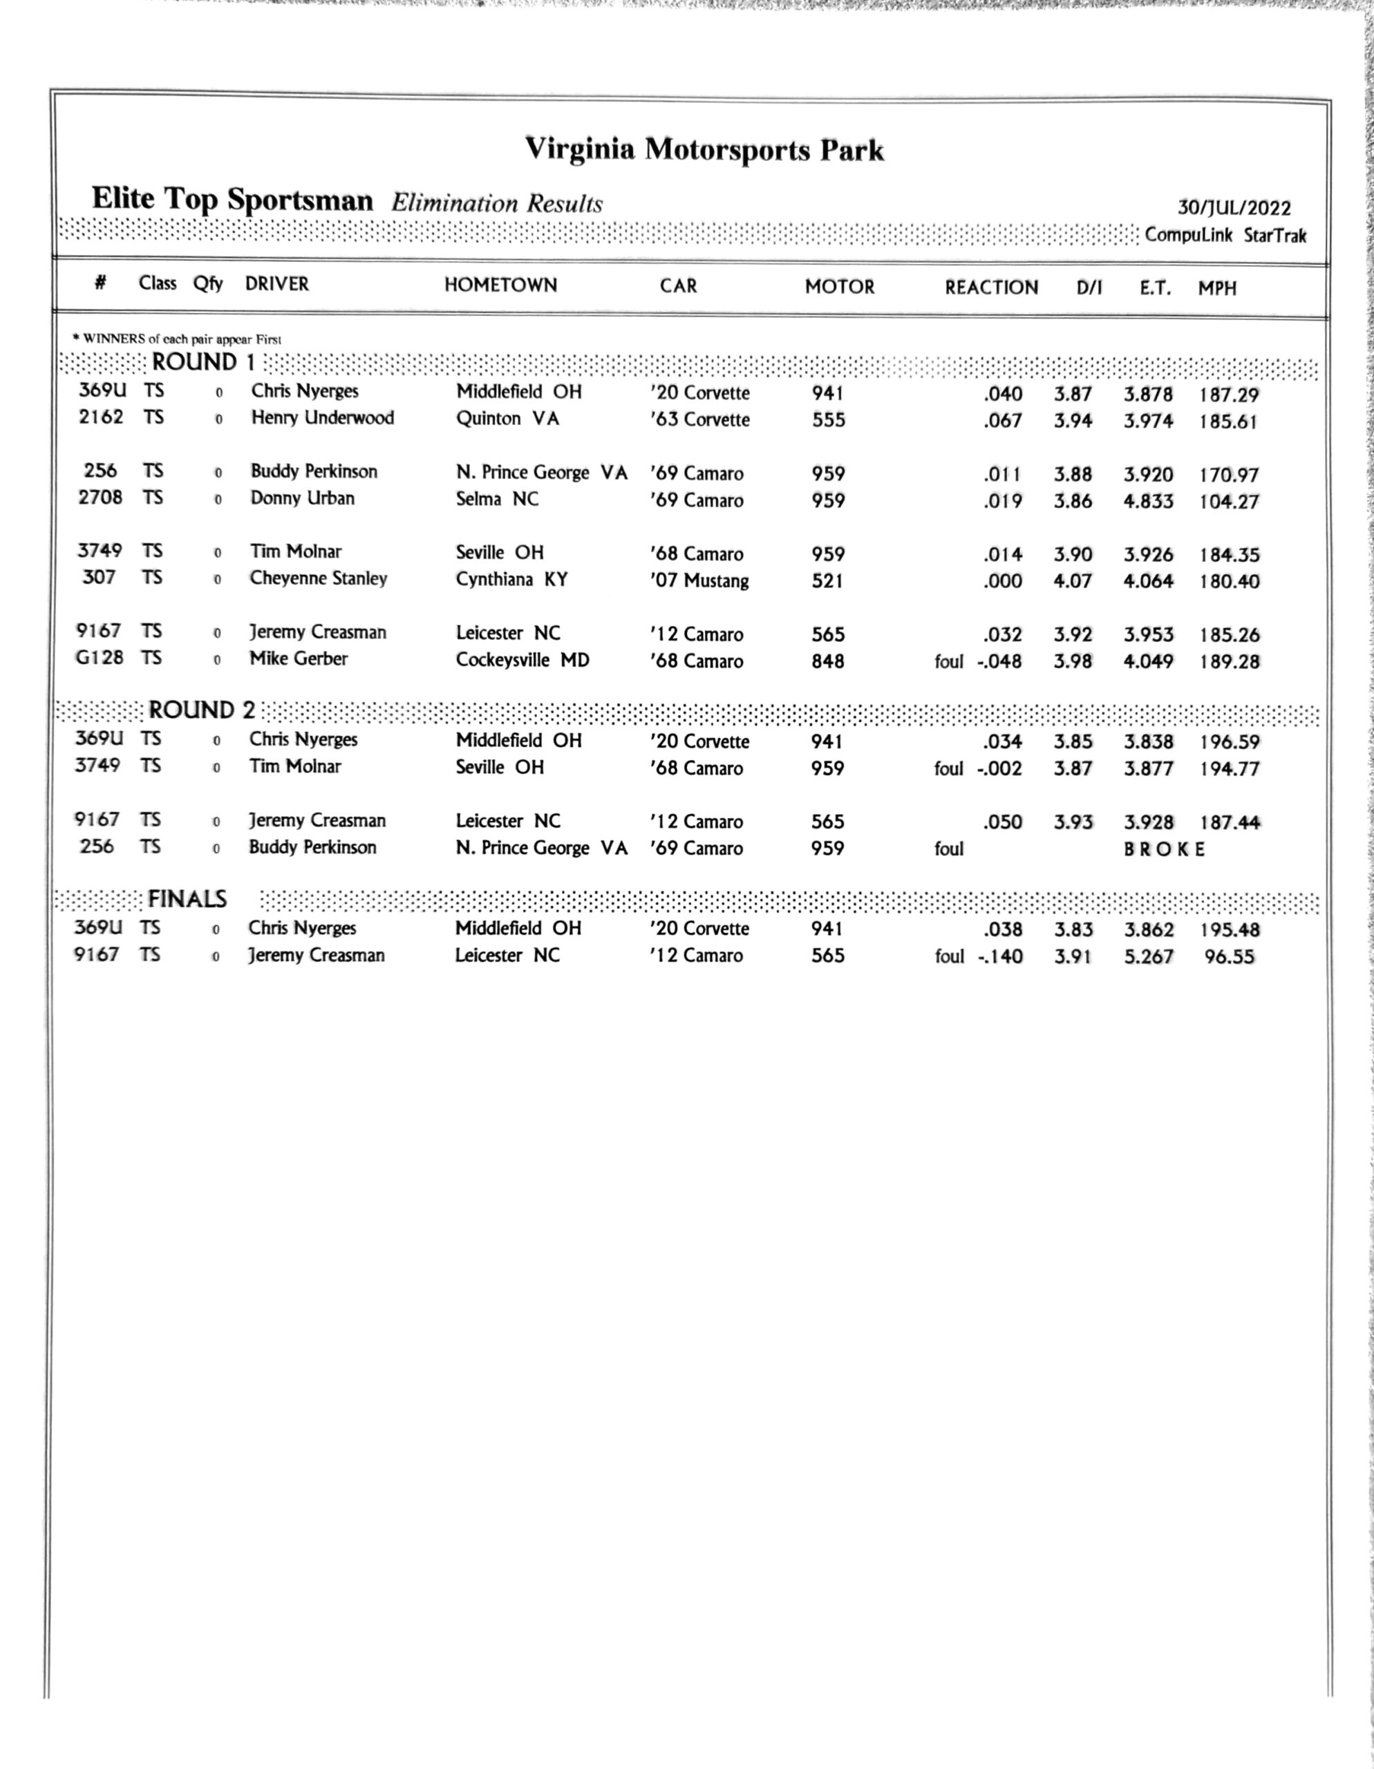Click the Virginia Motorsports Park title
(x=704, y=150)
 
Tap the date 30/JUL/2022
(x=1234, y=208)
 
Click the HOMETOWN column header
(x=500, y=285)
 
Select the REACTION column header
(x=991, y=287)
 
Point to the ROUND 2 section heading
(x=202, y=710)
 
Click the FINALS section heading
(x=187, y=899)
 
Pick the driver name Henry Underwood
(x=323, y=418)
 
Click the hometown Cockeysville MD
(x=522, y=660)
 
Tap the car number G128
(x=100, y=658)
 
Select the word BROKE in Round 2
(x=1164, y=850)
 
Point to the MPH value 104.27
(x=1229, y=502)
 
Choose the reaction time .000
(x=1002, y=580)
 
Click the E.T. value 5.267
(x=1148, y=956)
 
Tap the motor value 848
(x=827, y=661)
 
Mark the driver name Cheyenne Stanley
(x=319, y=578)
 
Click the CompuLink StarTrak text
(x=1225, y=236)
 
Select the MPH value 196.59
(x=1229, y=742)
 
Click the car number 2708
(x=100, y=498)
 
